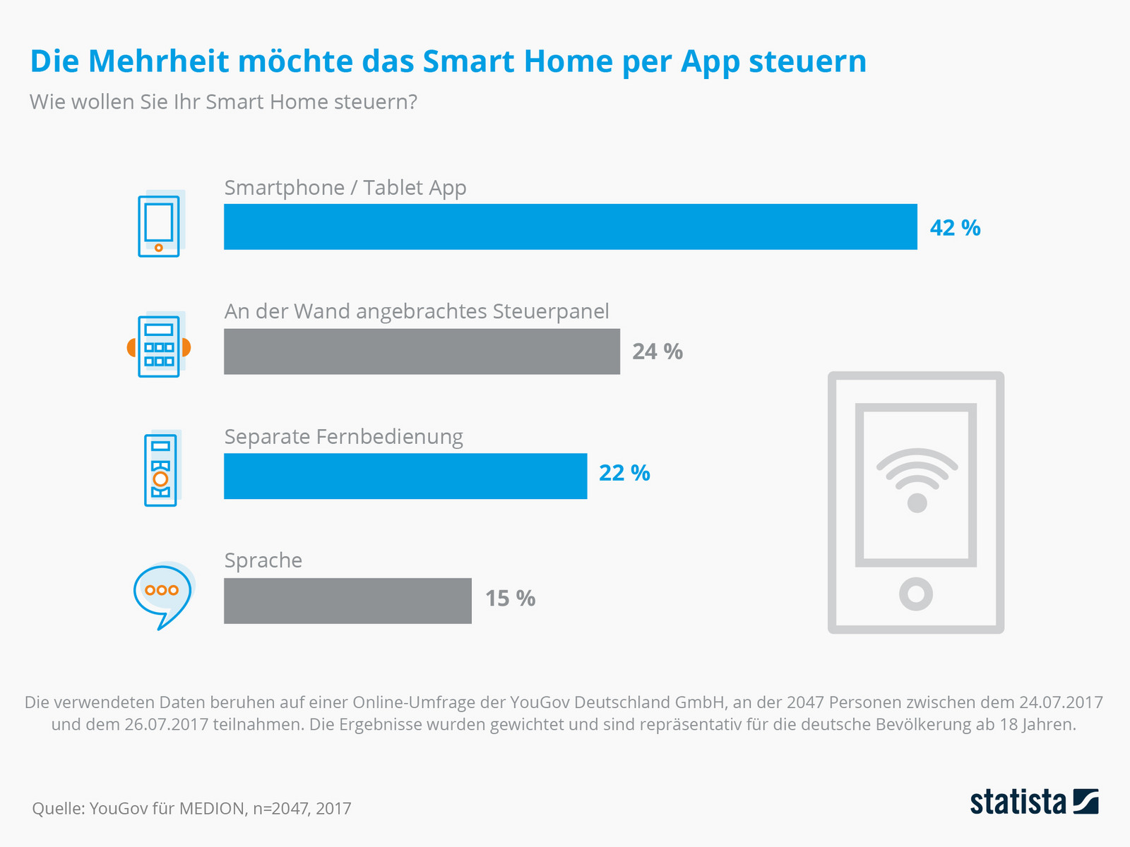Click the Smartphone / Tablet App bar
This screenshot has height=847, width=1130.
coord(570,227)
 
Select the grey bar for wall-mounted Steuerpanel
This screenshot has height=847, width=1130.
coord(422,351)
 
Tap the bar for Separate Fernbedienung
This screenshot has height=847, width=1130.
coord(405,476)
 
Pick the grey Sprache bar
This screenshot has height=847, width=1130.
coord(347,601)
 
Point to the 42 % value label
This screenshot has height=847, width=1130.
coord(955,228)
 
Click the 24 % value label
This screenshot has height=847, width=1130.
coord(657,352)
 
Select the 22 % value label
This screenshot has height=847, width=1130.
coord(624,473)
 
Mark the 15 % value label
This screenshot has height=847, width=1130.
coord(510,599)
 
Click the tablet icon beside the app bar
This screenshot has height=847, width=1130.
coord(160,224)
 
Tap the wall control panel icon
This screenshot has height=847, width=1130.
coord(159,346)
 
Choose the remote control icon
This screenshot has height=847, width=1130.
coord(161,469)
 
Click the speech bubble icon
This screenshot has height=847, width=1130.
coord(162,595)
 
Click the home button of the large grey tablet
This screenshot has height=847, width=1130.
coord(916,594)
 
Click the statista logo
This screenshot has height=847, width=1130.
coord(1034,803)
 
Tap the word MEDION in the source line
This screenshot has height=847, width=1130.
coord(211,809)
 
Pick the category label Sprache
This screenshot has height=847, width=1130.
coord(263,560)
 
